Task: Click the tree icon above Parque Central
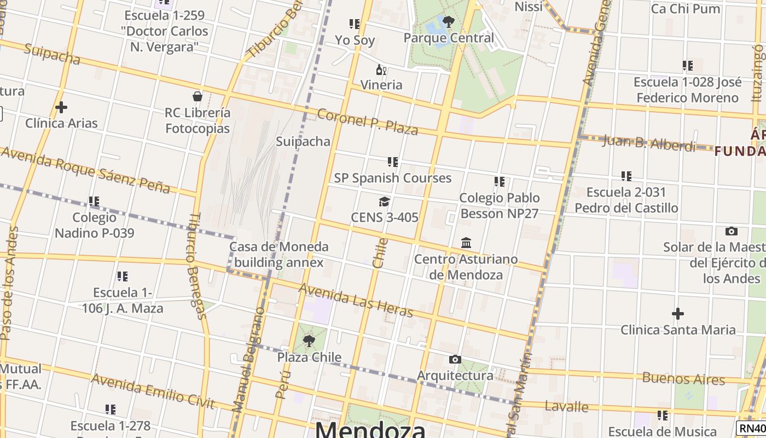449,22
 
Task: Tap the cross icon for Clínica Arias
61,107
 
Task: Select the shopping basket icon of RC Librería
198,97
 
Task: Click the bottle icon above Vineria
381,70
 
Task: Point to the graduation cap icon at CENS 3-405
385,202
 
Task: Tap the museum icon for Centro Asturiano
466,243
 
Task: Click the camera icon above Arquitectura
455,360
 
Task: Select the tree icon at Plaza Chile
309,341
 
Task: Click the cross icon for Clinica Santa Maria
678,314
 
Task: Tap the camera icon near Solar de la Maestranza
731,231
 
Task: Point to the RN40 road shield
752,428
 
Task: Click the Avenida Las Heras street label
356,300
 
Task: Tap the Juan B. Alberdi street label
649,143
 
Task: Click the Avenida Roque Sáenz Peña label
85,170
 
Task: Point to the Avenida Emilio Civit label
153,391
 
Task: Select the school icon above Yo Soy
355,24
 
